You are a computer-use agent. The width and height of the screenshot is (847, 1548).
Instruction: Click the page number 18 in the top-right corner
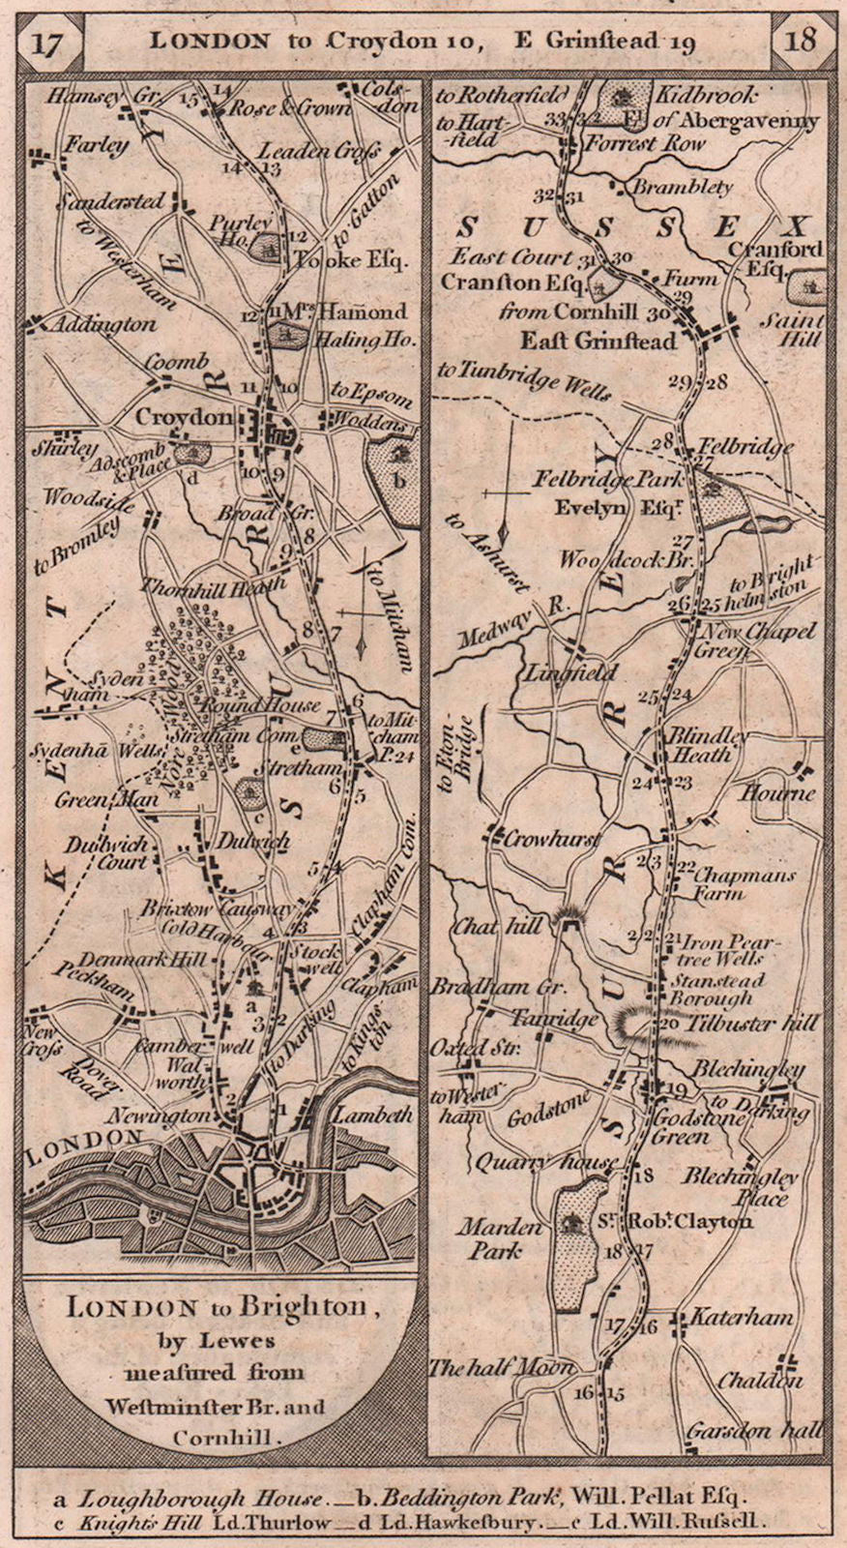coord(802,42)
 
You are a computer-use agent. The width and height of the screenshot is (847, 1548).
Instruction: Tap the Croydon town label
coord(185,417)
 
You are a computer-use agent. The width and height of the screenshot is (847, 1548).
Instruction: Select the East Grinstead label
coord(599,341)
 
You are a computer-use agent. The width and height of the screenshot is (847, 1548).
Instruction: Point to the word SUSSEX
coord(629,228)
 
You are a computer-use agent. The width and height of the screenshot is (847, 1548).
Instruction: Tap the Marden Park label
coord(501,1238)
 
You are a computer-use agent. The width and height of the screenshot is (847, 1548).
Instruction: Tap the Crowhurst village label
coord(552,840)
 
